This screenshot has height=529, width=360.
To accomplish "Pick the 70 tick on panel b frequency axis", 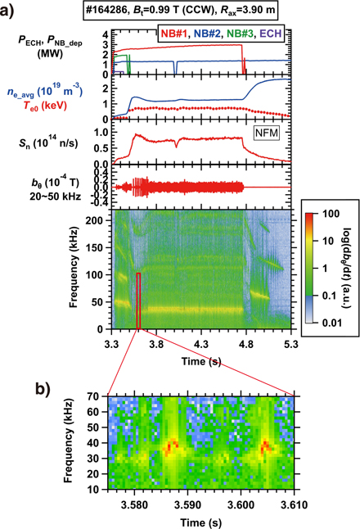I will pyautogui.click(x=97, y=396).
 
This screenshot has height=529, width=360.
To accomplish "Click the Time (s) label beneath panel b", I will pyautogui.click(x=201, y=521).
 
